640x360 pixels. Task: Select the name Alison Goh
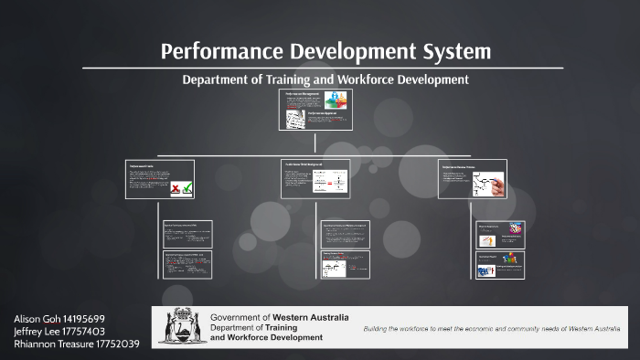point(35,318)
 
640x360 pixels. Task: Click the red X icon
point(176,188)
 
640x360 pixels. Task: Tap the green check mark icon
point(187,188)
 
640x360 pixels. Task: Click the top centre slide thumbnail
point(315,110)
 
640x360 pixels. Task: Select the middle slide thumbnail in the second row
point(315,178)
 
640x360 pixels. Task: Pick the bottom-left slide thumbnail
point(187,264)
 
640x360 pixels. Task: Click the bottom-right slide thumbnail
point(500,264)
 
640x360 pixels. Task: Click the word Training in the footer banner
point(276,327)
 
